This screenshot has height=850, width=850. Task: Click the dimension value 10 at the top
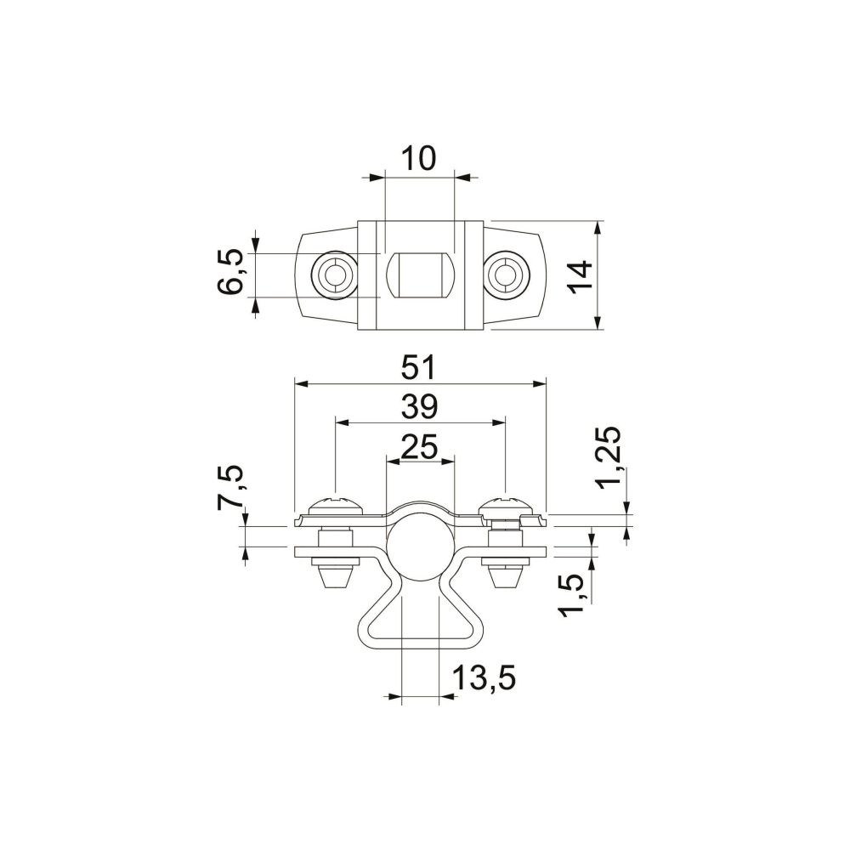click(x=418, y=158)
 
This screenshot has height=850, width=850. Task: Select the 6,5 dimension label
click(x=230, y=272)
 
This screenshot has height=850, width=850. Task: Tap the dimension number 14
click(x=581, y=277)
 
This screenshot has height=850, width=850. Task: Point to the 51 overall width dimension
click(x=418, y=368)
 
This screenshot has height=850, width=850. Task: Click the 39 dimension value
click(x=419, y=406)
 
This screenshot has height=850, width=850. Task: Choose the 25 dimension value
click(x=419, y=447)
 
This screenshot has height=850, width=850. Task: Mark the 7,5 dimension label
click(x=229, y=487)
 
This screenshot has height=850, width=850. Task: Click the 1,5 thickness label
click(x=572, y=595)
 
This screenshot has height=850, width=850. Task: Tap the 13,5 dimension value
click(x=484, y=677)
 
